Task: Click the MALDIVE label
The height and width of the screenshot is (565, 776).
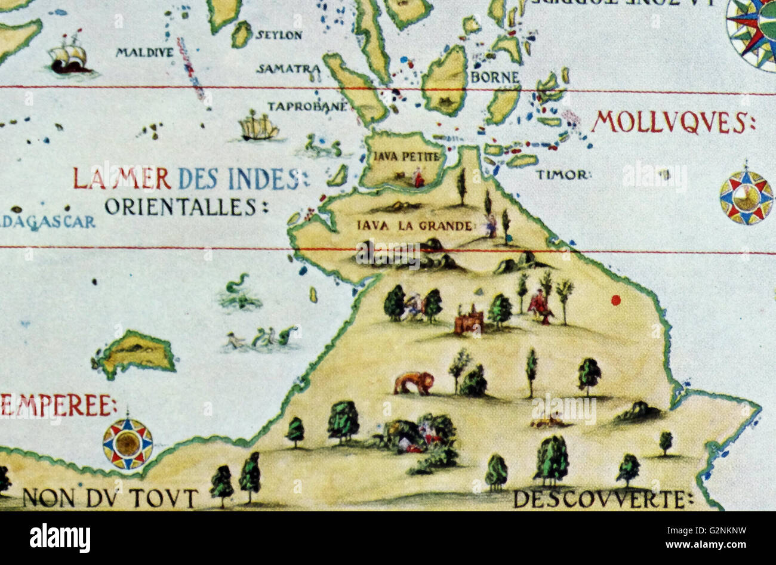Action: pyautogui.click(x=144, y=53)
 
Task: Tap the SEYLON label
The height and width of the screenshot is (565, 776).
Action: pyautogui.click(x=279, y=35)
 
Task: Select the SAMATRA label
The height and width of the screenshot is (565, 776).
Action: pyautogui.click(x=288, y=69)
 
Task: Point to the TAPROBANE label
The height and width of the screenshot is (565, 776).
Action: pyautogui.click(x=307, y=107)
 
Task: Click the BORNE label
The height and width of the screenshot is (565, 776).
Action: pyautogui.click(x=495, y=78)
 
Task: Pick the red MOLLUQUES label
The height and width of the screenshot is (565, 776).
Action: pyautogui.click(x=672, y=122)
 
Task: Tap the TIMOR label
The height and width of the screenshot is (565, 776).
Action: pyautogui.click(x=562, y=175)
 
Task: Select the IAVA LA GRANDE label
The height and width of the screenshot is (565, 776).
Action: pyautogui.click(x=415, y=226)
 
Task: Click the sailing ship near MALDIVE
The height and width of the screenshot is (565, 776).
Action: pyautogui.click(x=69, y=55)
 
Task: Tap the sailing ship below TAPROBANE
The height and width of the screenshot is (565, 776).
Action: pyautogui.click(x=258, y=126)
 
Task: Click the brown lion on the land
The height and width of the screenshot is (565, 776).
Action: pyautogui.click(x=414, y=382)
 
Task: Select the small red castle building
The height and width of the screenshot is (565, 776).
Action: pyautogui.click(x=469, y=320)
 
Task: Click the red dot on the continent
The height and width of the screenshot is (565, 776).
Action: pyautogui.click(x=615, y=300)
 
